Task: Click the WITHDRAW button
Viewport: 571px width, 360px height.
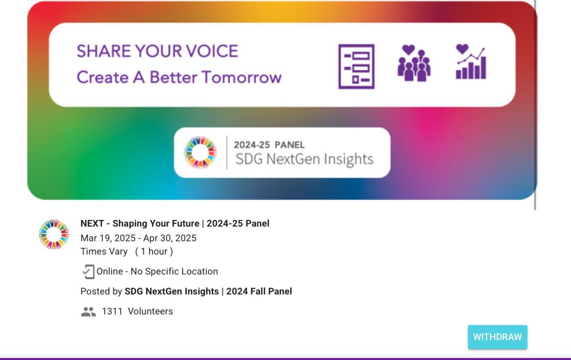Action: tap(497, 337)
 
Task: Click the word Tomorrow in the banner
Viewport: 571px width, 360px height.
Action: tap(242, 77)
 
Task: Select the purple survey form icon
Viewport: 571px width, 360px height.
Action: tap(356, 66)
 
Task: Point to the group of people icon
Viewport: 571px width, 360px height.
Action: tap(414, 63)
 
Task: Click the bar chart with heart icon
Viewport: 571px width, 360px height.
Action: tap(471, 62)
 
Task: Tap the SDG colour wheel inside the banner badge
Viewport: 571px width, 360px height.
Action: tap(200, 152)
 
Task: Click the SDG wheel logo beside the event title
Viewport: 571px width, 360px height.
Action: tap(54, 234)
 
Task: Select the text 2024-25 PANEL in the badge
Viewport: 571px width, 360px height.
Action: tap(269, 145)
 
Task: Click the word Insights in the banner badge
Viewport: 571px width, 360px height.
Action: tap(349, 159)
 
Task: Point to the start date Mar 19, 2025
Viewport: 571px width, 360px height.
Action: tap(108, 238)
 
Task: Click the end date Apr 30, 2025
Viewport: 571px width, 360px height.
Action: tap(170, 238)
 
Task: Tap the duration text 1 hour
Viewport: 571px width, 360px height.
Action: tap(154, 252)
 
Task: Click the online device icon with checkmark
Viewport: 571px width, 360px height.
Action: tap(88, 272)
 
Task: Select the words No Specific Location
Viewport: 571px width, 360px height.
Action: tap(174, 271)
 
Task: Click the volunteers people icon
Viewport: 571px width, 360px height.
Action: tap(88, 311)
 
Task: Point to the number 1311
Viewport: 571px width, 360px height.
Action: tap(112, 311)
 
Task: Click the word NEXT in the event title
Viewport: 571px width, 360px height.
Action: tap(92, 223)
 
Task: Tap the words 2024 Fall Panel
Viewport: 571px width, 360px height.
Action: tap(259, 291)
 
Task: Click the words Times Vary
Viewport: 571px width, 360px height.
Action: tap(104, 252)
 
